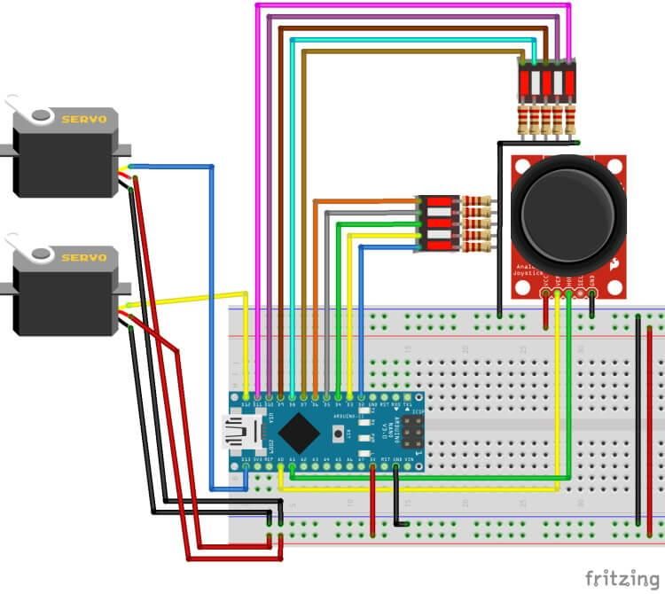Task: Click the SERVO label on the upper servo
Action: tap(84, 118)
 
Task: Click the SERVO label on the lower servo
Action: tap(84, 257)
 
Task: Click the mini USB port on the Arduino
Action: tap(237, 433)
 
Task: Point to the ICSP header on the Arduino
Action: tap(413, 432)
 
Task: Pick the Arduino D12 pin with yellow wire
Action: tap(246, 395)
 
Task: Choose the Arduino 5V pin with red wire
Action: tap(372, 461)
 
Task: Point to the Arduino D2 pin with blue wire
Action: tap(361, 395)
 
